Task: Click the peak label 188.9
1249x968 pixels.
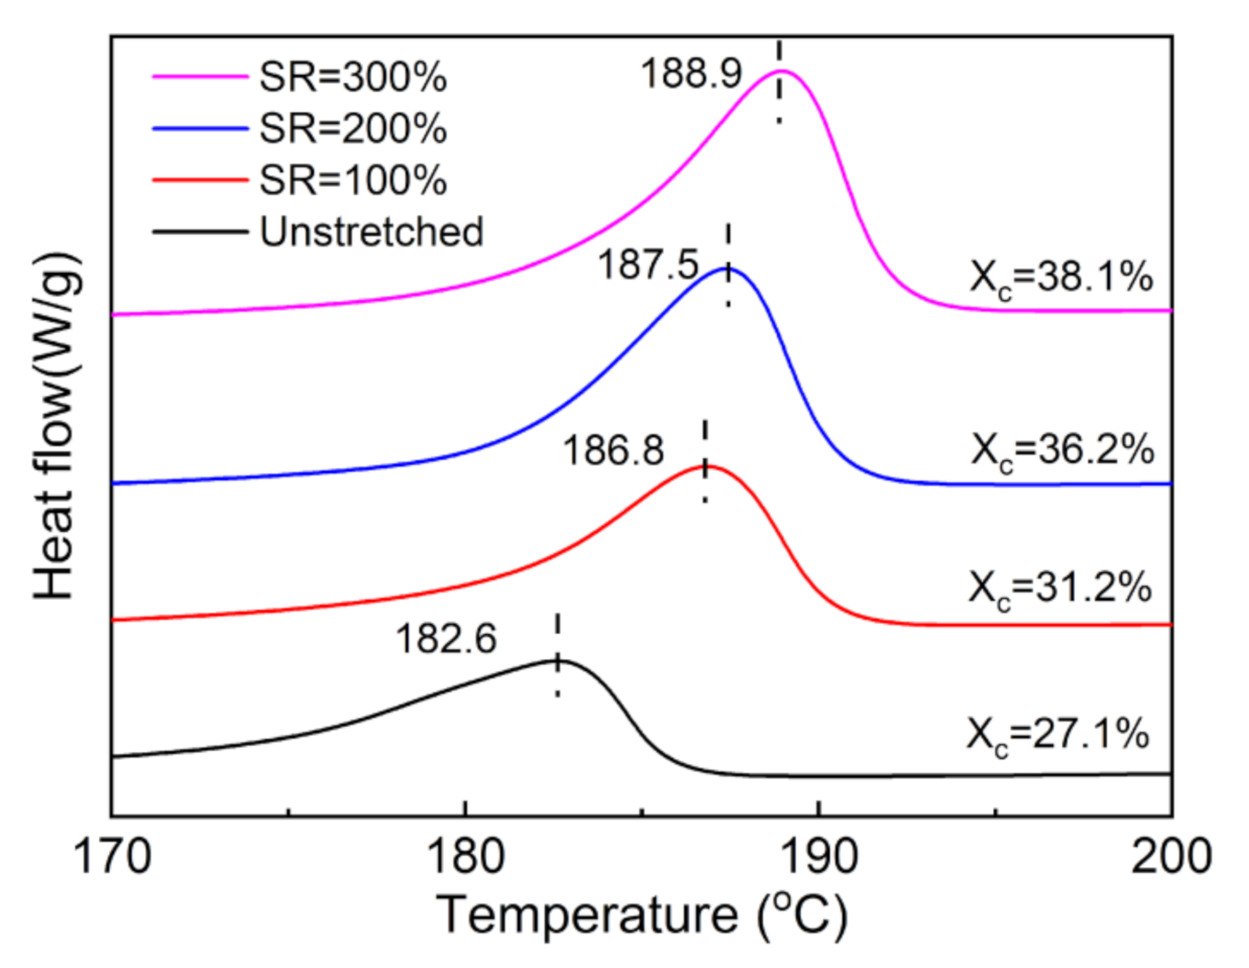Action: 691,73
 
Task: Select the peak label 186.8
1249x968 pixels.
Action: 613,450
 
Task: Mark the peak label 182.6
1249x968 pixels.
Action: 445,639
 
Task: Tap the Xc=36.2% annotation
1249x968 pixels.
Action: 1062,450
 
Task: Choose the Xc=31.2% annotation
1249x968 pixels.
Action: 1060,588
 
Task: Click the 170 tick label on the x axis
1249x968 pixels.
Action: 112,856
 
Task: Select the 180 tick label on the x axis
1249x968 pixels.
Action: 465,856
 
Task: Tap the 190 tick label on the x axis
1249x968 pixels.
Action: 818,856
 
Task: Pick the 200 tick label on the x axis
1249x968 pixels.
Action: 1171,856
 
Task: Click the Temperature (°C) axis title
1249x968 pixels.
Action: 642,916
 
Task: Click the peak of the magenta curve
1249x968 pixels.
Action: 781,71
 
